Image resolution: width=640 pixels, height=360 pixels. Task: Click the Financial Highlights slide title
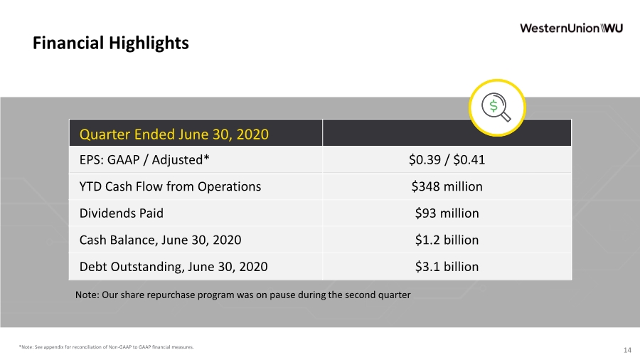pyautogui.click(x=111, y=43)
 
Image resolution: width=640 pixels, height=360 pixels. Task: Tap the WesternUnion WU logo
pyautogui.click(x=571, y=28)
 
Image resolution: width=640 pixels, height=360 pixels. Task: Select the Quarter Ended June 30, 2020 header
pyautogui.click(x=174, y=134)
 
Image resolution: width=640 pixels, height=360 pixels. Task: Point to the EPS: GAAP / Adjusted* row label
pyautogui.click(x=144, y=159)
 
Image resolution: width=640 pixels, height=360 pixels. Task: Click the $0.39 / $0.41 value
pyautogui.click(x=447, y=159)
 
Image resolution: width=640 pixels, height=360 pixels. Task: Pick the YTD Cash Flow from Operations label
pyautogui.click(x=170, y=186)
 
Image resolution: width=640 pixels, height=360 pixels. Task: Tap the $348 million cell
pyautogui.click(x=447, y=186)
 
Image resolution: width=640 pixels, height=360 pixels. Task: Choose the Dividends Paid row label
pyautogui.click(x=121, y=213)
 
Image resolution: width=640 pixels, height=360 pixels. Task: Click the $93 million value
pyautogui.click(x=447, y=213)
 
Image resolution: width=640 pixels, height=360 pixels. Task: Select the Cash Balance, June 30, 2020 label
pyautogui.click(x=160, y=240)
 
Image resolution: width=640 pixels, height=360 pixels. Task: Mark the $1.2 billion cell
pyautogui.click(x=447, y=240)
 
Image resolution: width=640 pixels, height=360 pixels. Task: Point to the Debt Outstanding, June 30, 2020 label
pyautogui.click(x=174, y=267)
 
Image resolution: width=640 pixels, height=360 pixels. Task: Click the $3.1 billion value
pyautogui.click(x=447, y=267)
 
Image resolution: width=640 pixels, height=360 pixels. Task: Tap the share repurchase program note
pyautogui.click(x=243, y=295)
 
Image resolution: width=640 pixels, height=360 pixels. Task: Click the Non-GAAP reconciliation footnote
pyautogui.click(x=106, y=347)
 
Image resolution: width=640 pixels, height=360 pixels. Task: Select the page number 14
pyautogui.click(x=627, y=350)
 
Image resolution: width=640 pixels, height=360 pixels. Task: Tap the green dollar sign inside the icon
pyautogui.click(x=494, y=106)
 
